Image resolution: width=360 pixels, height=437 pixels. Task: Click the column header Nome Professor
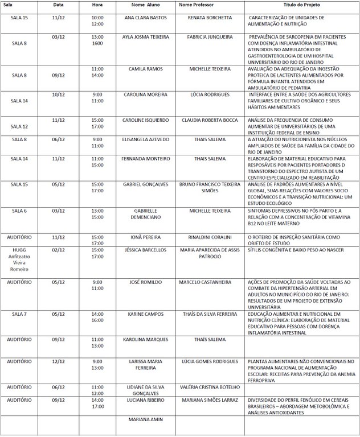coord(197,5)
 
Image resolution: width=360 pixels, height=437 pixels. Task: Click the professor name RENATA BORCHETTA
coord(210,18)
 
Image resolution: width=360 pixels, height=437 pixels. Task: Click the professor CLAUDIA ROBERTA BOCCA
coord(210,121)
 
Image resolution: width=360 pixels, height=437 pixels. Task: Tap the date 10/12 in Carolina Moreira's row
coord(58,94)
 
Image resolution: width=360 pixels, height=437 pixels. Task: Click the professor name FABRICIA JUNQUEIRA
coord(210,37)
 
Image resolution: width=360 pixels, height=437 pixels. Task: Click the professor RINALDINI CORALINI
coord(210,237)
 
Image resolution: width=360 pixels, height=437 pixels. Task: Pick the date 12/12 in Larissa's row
coord(58,361)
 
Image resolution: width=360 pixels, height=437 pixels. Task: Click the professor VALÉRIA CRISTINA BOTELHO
coord(210,387)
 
